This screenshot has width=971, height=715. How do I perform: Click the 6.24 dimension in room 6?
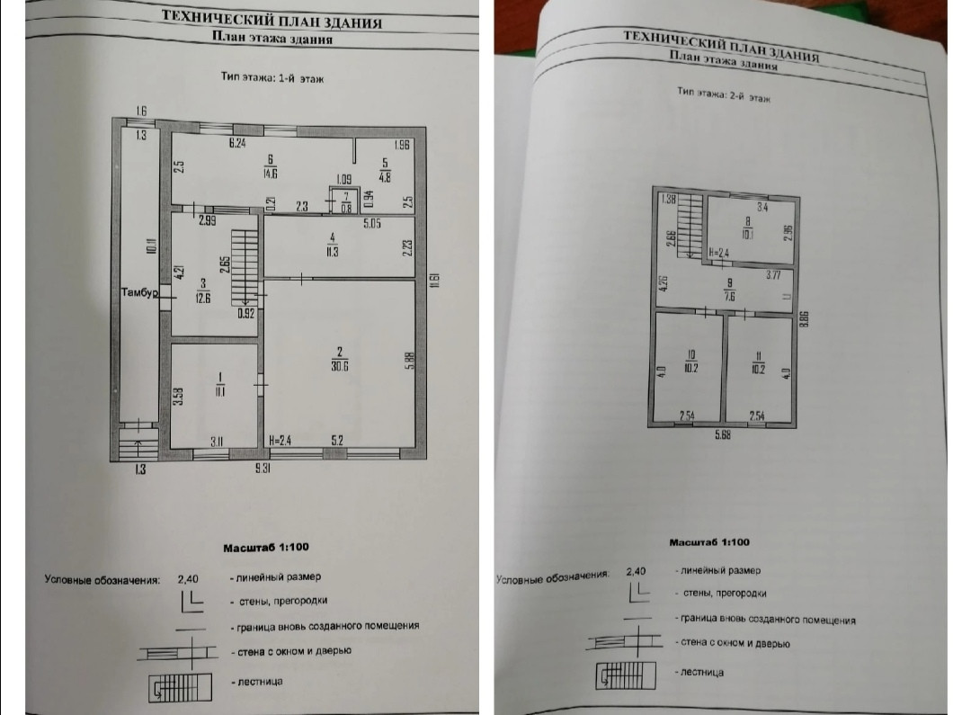(x=237, y=144)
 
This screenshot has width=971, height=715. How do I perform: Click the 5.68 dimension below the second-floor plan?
(x=723, y=436)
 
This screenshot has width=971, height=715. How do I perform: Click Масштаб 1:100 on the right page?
(x=709, y=542)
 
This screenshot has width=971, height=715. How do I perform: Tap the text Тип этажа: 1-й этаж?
(x=272, y=78)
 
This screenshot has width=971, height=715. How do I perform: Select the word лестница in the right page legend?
(x=703, y=673)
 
